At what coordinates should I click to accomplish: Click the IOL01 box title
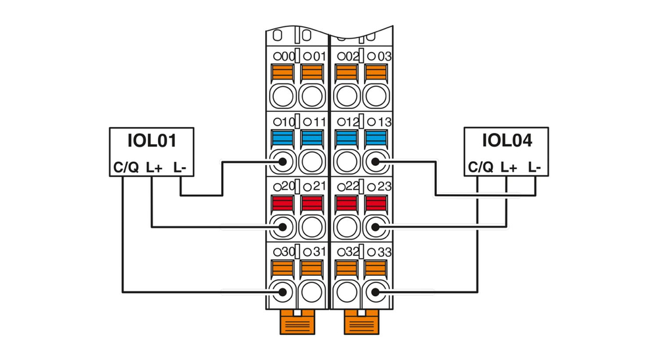(x=151, y=140)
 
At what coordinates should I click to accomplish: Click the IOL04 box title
(x=506, y=140)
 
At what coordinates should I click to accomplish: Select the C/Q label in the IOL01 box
(x=125, y=168)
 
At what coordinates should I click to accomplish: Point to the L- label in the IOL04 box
(x=534, y=168)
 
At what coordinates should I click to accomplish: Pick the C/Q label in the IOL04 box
(x=480, y=168)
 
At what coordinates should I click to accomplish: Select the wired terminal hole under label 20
(x=282, y=226)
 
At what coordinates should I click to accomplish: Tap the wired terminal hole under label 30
(x=282, y=292)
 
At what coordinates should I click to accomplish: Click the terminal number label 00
(x=285, y=57)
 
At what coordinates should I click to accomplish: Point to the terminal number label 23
(x=379, y=187)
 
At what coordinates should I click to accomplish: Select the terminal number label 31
(x=316, y=252)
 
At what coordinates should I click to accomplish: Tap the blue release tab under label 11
(x=313, y=138)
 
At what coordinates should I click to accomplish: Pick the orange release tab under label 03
(x=376, y=72)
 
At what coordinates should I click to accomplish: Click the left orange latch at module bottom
(x=297, y=322)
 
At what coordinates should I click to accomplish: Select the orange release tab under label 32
(x=346, y=268)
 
